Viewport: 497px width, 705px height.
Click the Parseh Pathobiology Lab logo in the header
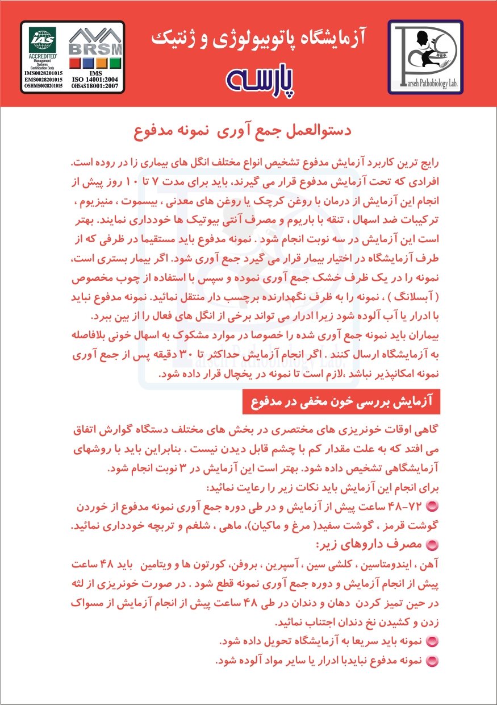click(x=425, y=56)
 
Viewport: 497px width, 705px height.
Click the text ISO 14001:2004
click(x=95, y=80)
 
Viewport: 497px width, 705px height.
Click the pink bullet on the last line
click(x=432, y=661)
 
